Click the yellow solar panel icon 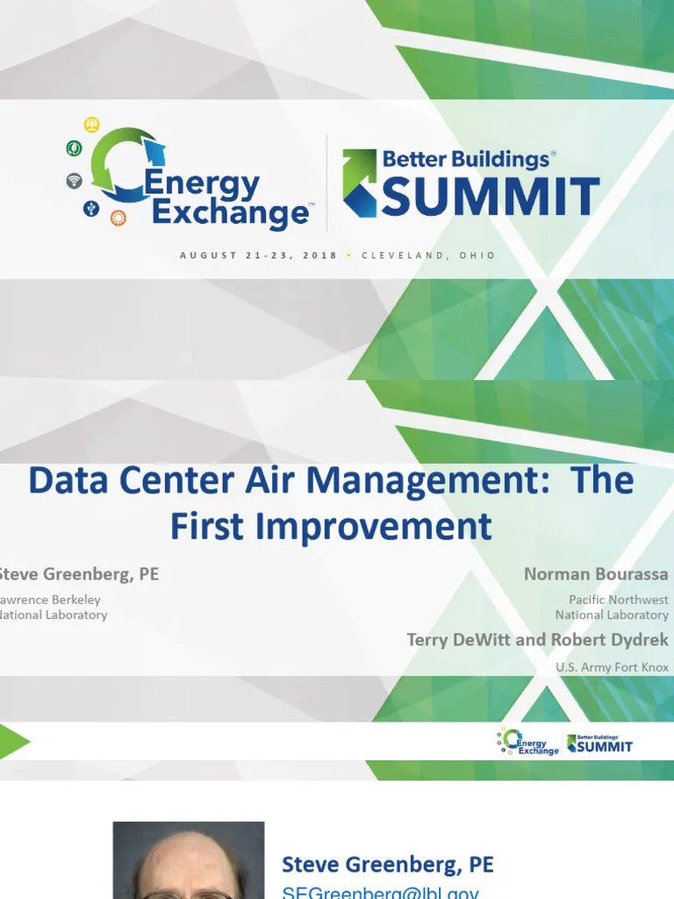click(x=92, y=125)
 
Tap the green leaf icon click(x=74, y=148)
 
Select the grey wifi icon click(x=75, y=181)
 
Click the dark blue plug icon click(x=90, y=208)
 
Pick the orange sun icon click(x=118, y=218)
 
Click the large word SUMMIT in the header click(x=491, y=196)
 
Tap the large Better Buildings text click(x=465, y=159)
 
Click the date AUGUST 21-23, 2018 click(x=258, y=255)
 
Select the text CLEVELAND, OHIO click(x=427, y=255)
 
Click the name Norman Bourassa click(x=596, y=574)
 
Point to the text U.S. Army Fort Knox click(x=612, y=667)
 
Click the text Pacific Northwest click(x=618, y=600)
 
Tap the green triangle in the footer click(x=13, y=742)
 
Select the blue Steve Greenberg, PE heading click(x=387, y=865)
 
